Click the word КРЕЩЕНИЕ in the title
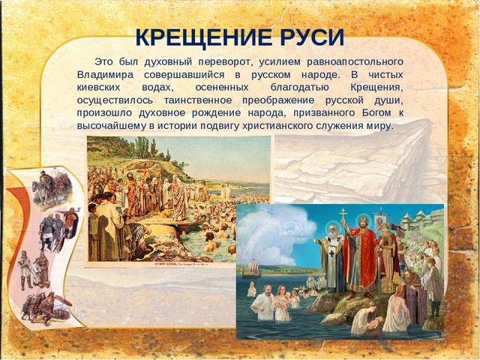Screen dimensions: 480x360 click(x=203, y=37)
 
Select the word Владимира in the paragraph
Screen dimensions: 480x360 click(x=105, y=75)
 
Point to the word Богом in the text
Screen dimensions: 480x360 click(x=376, y=113)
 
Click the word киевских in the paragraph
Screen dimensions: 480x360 click(x=98, y=88)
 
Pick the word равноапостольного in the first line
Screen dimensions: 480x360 click(x=355, y=62)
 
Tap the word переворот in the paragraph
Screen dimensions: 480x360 click(x=225, y=62)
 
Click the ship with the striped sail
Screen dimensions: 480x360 click(x=251, y=269)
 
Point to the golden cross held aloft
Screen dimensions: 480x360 click(x=343, y=214)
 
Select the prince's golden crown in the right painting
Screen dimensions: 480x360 click(x=363, y=220)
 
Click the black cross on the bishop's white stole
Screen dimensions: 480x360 click(x=331, y=253)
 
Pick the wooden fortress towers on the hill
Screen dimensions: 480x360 click(x=422, y=219)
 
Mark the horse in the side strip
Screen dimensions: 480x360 click(x=41, y=192)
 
